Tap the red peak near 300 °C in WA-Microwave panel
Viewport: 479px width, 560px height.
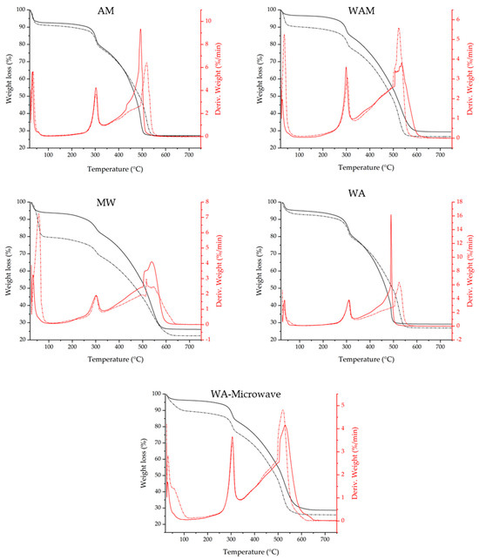[232, 437]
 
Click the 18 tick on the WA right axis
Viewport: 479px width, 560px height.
[470, 202]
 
